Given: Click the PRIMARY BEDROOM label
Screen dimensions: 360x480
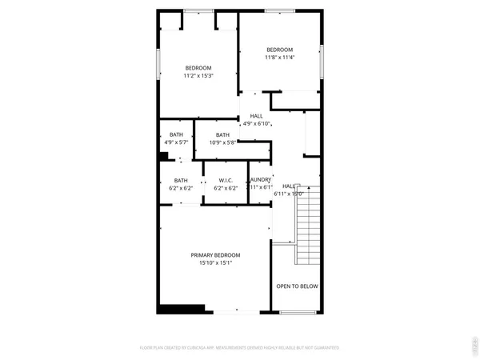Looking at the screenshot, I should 215,255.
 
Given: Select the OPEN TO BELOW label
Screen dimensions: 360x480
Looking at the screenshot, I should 297,286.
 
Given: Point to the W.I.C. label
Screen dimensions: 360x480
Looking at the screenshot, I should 226,181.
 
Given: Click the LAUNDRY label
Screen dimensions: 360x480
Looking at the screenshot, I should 260,181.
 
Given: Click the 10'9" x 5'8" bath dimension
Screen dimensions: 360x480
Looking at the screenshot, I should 222,143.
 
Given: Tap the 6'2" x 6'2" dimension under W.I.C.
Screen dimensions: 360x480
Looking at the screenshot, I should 226,189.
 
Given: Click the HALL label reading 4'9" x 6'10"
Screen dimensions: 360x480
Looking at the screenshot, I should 256,116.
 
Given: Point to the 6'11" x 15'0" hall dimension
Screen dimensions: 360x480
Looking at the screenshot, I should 290,193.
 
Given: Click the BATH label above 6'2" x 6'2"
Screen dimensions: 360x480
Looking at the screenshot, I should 181,181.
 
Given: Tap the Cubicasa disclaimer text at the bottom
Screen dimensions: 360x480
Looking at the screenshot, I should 240,349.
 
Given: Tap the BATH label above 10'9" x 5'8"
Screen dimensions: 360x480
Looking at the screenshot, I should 222,134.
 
